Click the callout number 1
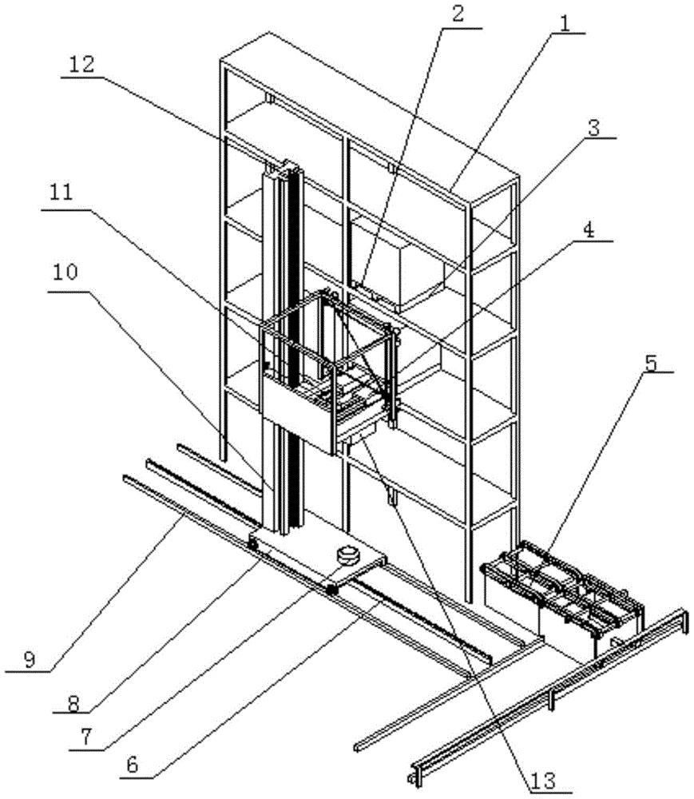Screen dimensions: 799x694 [x=564, y=21]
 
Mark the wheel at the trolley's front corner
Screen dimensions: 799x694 [x=330, y=589]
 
